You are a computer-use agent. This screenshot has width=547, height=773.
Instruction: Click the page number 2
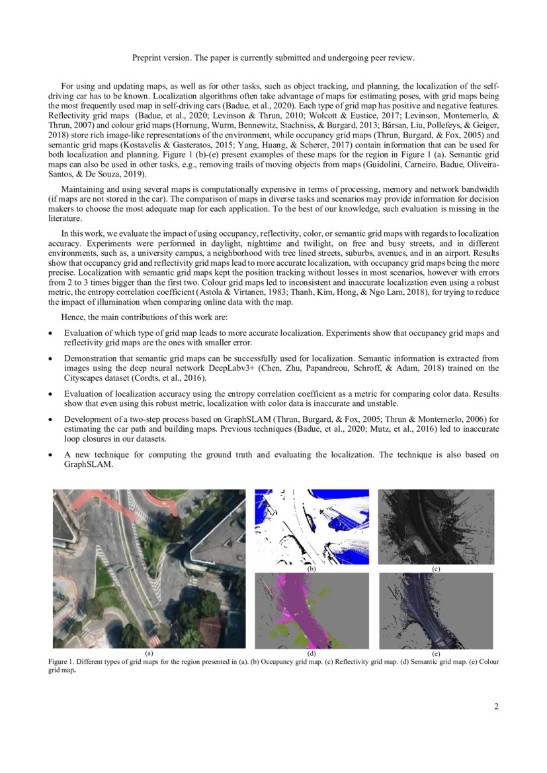pyautogui.click(x=496, y=706)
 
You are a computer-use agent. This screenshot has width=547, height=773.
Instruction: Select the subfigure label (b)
pyautogui.click(x=312, y=569)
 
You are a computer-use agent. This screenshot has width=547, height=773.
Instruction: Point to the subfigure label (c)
pyautogui.click(x=436, y=569)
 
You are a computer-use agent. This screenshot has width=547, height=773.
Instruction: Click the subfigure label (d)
pyautogui.click(x=312, y=653)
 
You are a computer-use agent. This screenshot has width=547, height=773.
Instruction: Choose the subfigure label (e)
pyautogui.click(x=436, y=653)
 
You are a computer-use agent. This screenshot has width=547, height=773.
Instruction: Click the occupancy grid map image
pyautogui.click(x=312, y=526)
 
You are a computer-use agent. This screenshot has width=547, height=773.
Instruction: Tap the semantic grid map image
pyautogui.click(x=312, y=610)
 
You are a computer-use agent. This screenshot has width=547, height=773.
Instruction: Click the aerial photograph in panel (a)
pyautogui.click(x=149, y=569)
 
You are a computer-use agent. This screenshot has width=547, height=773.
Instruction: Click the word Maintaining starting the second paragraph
pyautogui.click(x=83, y=190)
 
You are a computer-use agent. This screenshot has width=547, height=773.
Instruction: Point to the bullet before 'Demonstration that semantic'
pyautogui.click(x=51, y=358)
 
